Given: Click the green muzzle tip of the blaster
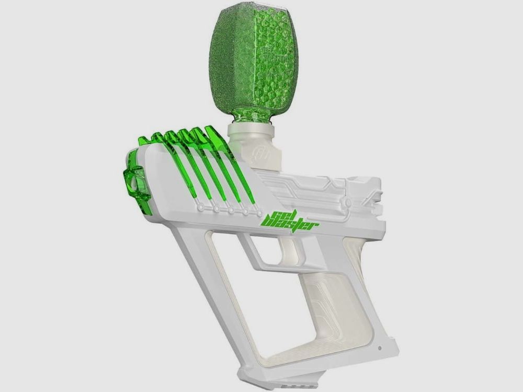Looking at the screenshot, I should (x=135, y=183).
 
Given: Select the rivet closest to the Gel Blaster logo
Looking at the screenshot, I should (x=258, y=213).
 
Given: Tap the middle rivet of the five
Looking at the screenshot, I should (x=230, y=210).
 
